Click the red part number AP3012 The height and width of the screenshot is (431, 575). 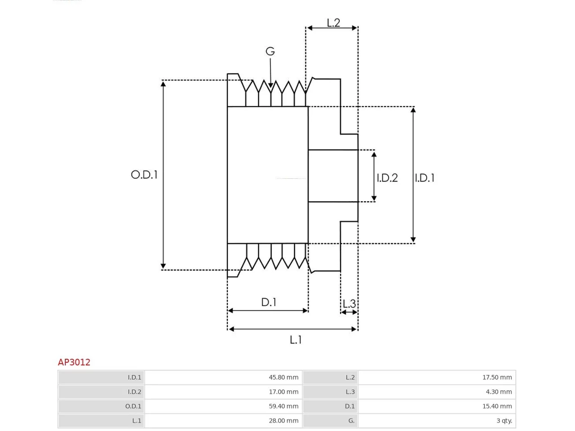[74, 362]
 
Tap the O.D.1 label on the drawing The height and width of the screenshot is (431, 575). [144, 175]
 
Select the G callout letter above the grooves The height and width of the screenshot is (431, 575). [270, 51]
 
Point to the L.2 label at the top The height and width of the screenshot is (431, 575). [333, 23]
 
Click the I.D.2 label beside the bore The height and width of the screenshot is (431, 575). [387, 178]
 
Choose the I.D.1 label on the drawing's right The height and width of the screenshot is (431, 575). [425, 178]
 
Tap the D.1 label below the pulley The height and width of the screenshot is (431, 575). [269, 302]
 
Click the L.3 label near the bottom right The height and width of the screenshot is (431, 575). [349, 304]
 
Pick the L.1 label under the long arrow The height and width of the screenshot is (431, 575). [296, 340]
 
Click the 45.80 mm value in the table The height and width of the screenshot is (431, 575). [283, 378]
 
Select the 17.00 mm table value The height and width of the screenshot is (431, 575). [283, 392]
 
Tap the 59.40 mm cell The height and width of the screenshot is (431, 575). [283, 406]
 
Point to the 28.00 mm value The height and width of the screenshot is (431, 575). [283, 421]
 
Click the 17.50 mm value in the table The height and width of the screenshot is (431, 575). [497, 378]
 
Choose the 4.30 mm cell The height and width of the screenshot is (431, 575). [499, 392]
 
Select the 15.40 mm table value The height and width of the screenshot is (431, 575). [497, 406]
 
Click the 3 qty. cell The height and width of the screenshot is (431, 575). [504, 421]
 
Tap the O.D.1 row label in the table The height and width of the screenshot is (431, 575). [133, 406]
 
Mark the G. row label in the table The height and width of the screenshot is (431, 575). [351, 421]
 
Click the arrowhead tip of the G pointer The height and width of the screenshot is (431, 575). [270, 88]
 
